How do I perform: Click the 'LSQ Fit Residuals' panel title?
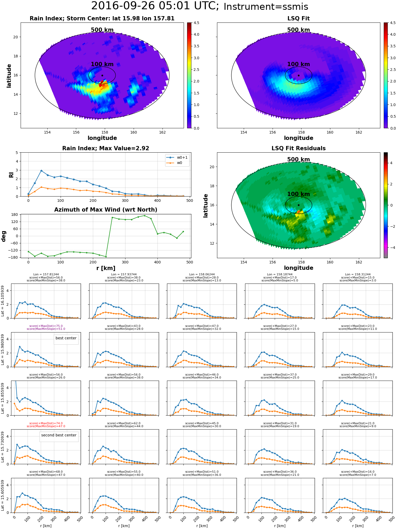298,148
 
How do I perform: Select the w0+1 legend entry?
182,158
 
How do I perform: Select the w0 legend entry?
179,163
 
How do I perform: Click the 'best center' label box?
66,338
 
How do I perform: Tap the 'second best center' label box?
59,435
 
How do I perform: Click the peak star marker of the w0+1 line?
41,171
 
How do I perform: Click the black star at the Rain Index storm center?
102,75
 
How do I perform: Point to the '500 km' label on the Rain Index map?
102,30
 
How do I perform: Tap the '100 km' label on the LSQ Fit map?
298,64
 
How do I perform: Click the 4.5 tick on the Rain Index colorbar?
196,23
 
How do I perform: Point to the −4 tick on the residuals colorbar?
391,248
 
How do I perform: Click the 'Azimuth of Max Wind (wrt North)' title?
106,210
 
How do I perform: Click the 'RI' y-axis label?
11,175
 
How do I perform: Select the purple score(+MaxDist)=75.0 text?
46,326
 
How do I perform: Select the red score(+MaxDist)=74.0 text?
46,423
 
